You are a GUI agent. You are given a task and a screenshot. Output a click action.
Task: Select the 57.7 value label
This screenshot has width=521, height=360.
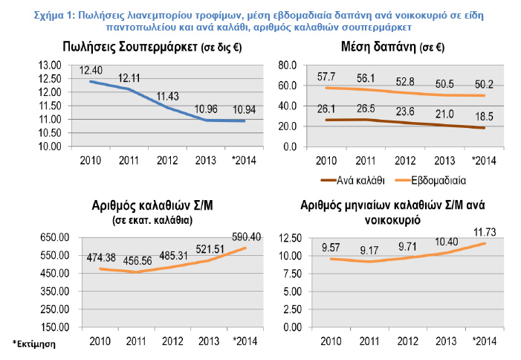[x=326, y=77]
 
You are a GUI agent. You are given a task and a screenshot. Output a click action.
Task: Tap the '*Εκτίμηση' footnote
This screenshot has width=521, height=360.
[x=34, y=344]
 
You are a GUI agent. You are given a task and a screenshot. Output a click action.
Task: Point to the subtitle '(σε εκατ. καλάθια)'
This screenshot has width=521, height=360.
[x=151, y=220]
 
